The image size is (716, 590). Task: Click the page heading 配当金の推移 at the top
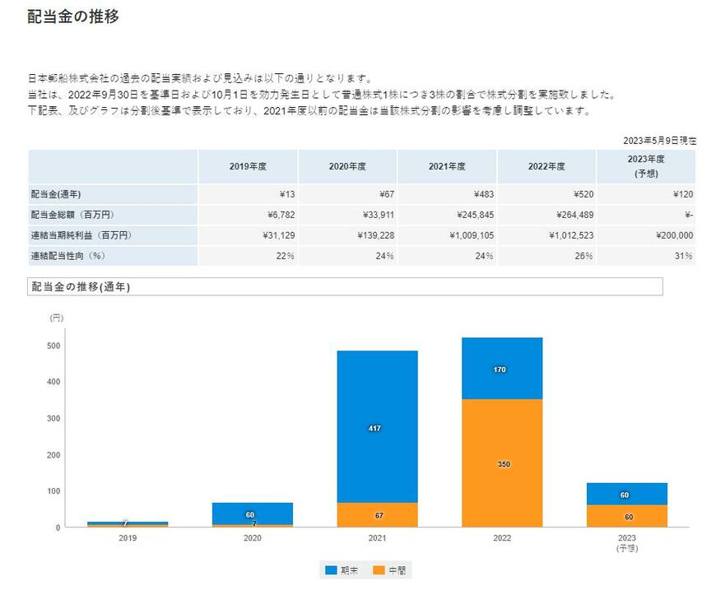(x=73, y=16)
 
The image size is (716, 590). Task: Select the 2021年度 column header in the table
(x=447, y=166)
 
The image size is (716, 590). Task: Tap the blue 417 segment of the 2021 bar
(x=377, y=427)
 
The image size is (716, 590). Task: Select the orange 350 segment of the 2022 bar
(x=502, y=463)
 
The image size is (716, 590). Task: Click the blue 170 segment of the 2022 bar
(x=502, y=369)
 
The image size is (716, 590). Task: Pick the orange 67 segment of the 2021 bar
(x=377, y=515)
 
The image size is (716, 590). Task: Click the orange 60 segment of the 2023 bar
(x=627, y=516)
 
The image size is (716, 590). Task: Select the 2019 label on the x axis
(x=128, y=538)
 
